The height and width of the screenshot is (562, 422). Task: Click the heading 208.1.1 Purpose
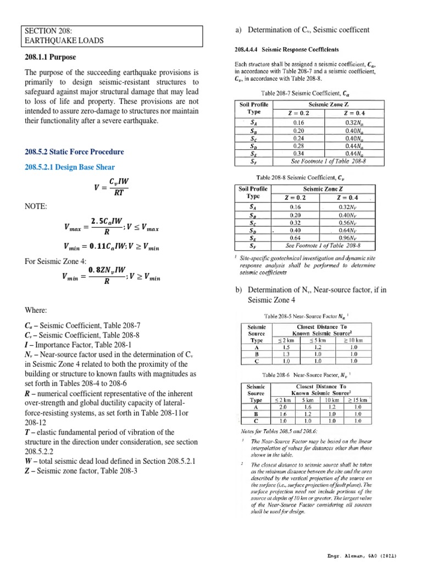(50, 57)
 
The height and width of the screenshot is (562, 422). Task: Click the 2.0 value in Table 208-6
(283, 407)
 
